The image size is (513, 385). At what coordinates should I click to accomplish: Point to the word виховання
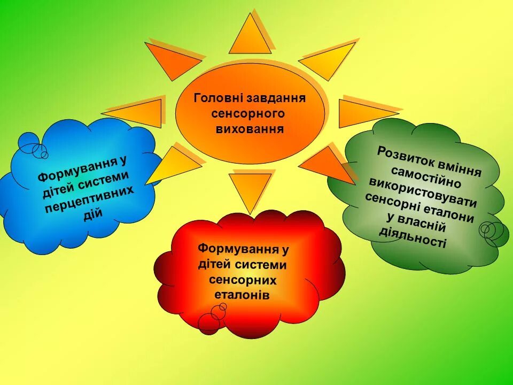[248, 129]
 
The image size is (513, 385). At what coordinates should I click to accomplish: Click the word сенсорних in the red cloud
[243, 280]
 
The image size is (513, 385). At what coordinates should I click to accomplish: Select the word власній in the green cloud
[423, 224]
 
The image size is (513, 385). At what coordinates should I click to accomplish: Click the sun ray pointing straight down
[250, 190]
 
